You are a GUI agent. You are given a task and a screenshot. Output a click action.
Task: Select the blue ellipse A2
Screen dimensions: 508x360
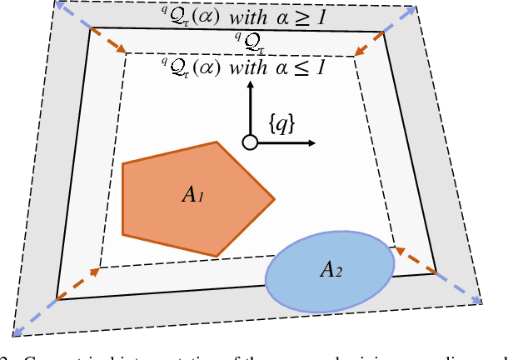331,270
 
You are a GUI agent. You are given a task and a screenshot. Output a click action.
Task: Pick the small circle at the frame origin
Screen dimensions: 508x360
248,142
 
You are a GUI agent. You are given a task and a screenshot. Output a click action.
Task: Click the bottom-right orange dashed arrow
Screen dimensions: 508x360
414,259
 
